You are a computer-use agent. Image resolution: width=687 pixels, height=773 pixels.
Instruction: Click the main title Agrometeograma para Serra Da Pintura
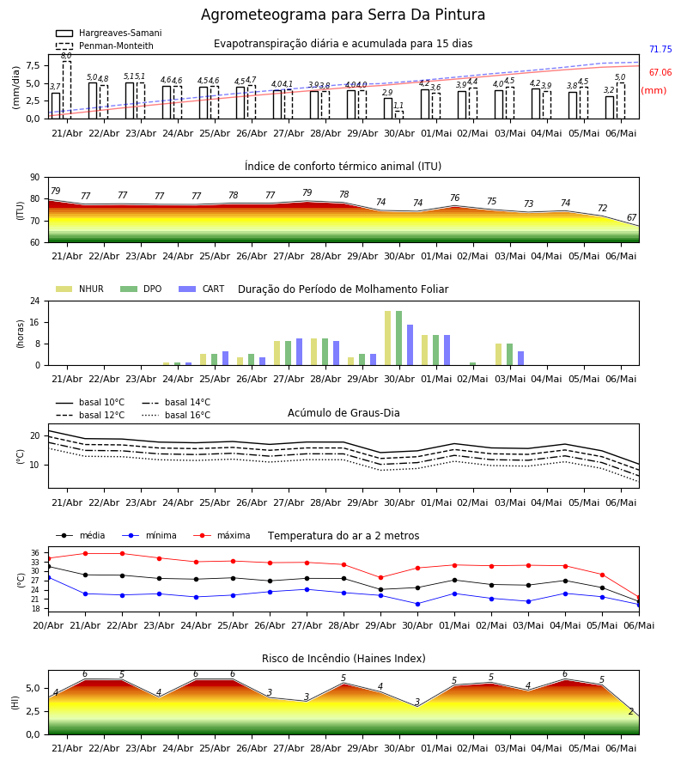coord(343,15)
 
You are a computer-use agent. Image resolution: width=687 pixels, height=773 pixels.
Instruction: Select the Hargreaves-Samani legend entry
coord(109,33)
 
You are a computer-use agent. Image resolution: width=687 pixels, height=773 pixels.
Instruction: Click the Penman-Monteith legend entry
coord(105,46)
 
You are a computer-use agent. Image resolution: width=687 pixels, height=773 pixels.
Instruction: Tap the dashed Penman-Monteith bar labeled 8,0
coord(66,89)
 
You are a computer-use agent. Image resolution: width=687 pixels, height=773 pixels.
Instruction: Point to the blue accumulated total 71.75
coord(660,49)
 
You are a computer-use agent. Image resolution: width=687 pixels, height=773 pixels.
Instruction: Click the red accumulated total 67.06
coord(660,72)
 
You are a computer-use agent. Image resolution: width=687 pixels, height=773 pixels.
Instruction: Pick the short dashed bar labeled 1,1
coord(398,115)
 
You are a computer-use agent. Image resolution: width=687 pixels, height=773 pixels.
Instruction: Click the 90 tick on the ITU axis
coord(34,178)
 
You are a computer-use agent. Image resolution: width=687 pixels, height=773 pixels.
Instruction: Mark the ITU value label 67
coord(631,217)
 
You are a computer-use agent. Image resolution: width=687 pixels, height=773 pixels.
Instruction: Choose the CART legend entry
coord(202,289)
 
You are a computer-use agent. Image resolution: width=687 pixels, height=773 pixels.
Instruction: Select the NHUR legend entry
coord(80,289)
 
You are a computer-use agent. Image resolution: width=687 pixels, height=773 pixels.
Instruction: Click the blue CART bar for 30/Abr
coord(410,345)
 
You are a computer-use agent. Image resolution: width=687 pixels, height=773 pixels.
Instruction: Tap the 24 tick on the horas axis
coord(34,301)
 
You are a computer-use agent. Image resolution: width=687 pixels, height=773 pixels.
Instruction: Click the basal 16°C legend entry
coord(176,415)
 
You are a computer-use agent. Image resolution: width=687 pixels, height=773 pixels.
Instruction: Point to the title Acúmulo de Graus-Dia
coord(343,413)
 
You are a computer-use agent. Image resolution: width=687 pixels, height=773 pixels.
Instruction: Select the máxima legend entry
coord(222,535)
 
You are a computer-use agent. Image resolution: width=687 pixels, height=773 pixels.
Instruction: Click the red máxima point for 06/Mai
coord(639,598)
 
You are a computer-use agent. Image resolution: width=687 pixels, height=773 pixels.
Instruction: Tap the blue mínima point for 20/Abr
coord(48,577)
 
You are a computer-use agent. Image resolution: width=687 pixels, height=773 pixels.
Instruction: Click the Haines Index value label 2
coord(631,711)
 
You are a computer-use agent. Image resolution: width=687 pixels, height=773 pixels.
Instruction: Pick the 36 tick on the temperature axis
coord(35,553)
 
